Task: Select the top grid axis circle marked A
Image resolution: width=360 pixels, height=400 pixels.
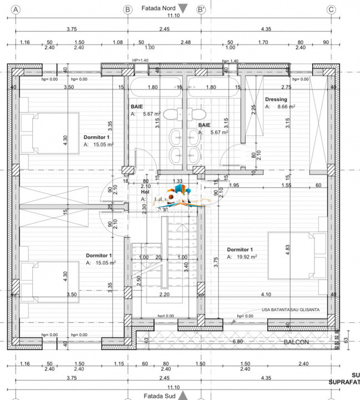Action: [x=16, y=9]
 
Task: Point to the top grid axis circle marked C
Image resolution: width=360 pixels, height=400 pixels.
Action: [x=332, y=9]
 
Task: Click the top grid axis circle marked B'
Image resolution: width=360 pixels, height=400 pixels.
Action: [x=201, y=9]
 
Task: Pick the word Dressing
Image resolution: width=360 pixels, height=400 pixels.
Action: [x=276, y=99]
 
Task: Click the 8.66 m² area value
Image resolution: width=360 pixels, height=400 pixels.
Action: [x=283, y=107]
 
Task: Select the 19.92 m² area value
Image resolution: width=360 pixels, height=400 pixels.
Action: [x=244, y=257]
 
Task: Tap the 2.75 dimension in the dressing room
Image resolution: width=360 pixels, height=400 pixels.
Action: [x=286, y=87]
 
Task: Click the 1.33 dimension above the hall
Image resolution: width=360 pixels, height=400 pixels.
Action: [x=177, y=181]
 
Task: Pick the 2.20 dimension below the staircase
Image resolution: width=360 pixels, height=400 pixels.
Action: [x=164, y=294]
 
